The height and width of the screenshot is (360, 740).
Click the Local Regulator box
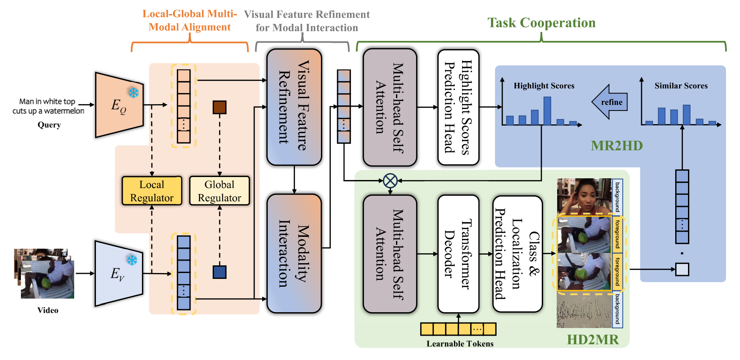point(152,191)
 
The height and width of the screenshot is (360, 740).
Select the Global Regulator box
point(220,191)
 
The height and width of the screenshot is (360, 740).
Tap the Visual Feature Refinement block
point(294,107)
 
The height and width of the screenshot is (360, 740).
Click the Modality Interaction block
point(294,253)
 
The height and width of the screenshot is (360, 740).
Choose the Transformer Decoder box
point(458,254)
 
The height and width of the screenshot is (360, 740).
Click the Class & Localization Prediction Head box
point(517,254)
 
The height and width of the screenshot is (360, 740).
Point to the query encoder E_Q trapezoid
point(119,105)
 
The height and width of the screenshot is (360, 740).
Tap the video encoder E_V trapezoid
point(119,273)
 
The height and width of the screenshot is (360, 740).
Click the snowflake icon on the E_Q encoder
point(133,93)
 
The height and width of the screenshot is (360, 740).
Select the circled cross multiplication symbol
point(390,181)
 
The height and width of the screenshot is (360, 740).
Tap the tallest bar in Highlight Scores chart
point(547,110)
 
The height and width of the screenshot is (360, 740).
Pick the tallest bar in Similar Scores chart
point(686,115)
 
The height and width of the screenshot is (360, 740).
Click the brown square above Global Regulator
point(220,107)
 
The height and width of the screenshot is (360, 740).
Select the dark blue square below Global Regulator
point(220,272)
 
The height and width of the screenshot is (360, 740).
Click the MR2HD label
point(616,146)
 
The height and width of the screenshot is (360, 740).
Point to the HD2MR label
point(593,340)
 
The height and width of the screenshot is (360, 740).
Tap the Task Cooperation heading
point(541,23)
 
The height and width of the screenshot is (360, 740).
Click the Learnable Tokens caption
point(460,344)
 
